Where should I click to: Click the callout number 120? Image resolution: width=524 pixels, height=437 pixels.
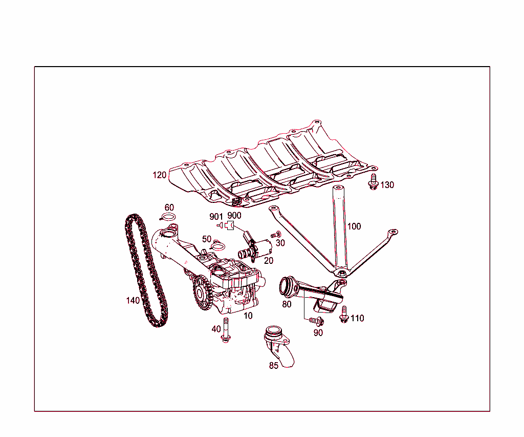159,175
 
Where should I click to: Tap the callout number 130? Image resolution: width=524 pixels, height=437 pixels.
387,185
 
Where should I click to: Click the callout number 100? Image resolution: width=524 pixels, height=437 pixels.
354,226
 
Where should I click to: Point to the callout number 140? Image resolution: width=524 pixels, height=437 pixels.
133,301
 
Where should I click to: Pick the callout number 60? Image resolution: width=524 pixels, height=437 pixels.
169,207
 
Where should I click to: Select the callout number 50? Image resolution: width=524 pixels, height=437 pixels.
207,239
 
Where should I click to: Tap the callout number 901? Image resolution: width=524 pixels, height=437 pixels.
216,216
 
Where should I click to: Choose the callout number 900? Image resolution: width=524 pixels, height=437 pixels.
234,216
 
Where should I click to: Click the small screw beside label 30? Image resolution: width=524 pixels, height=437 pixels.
273,235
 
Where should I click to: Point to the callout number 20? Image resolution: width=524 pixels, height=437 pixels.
269,260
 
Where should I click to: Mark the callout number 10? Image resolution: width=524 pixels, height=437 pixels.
248,316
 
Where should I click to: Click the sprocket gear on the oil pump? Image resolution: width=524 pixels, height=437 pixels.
201,293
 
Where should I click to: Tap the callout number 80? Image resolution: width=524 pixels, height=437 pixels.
287,304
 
